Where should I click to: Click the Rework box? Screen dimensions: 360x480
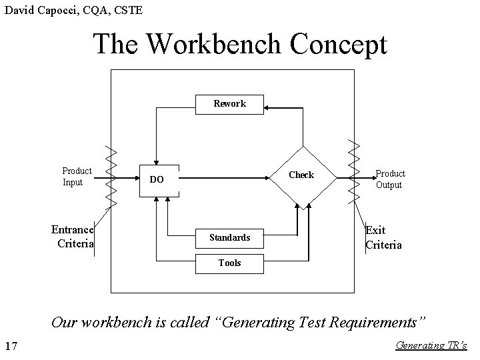[229, 103]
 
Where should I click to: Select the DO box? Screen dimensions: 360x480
[157, 179]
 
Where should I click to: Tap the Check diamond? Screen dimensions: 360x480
[301, 175]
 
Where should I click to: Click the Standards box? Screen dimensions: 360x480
[229, 237]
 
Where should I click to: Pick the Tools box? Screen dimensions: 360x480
[229, 263]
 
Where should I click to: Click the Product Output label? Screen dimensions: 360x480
[389, 179]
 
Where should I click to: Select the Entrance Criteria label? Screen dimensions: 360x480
[72, 236]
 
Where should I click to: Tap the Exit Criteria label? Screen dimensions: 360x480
[383, 237]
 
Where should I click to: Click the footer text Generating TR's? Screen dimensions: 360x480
[431, 345]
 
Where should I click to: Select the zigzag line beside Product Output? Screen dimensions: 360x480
[353, 173]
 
